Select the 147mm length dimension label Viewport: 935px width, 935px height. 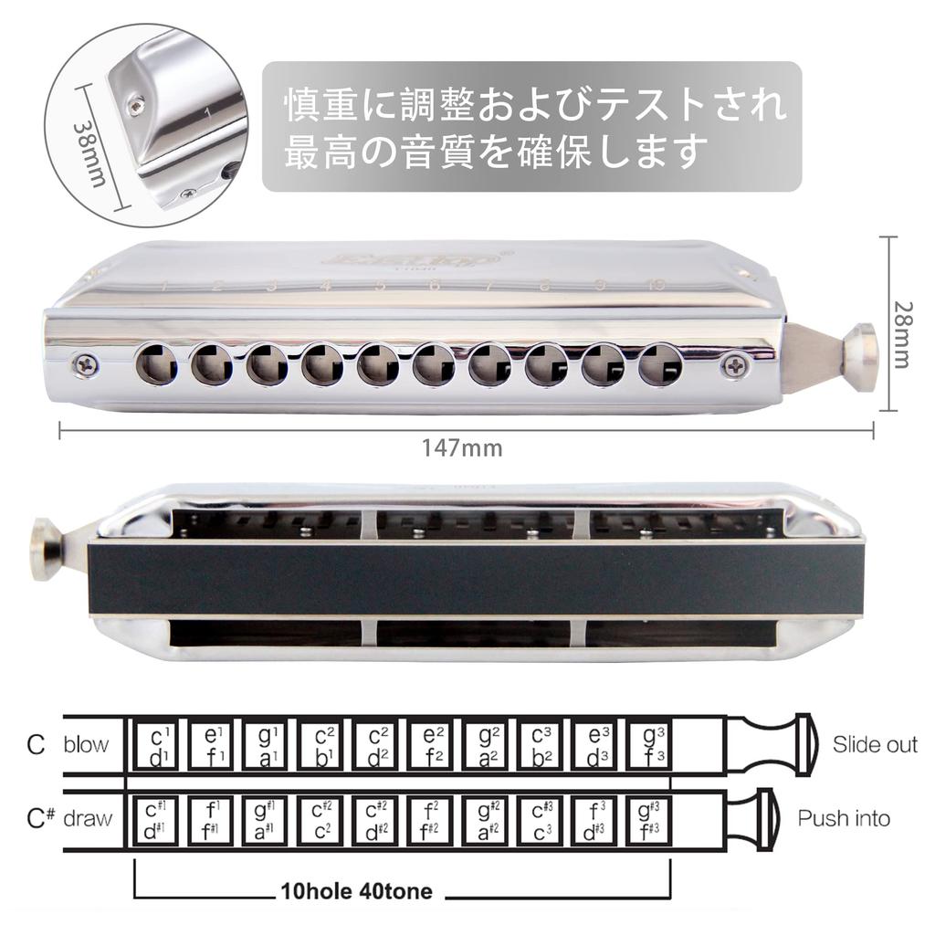461,448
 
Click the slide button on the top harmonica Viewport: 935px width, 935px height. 860,355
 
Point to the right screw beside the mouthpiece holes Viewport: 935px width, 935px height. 734,366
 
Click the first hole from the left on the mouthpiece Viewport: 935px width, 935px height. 156,365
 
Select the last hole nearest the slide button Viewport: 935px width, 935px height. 660,365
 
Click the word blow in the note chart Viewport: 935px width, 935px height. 86,744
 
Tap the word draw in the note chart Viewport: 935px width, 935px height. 88,818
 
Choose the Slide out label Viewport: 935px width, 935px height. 874,744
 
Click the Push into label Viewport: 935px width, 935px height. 844,818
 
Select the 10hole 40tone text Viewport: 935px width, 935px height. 356,890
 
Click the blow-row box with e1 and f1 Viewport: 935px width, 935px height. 211,745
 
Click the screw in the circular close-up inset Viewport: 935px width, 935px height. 137,106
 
